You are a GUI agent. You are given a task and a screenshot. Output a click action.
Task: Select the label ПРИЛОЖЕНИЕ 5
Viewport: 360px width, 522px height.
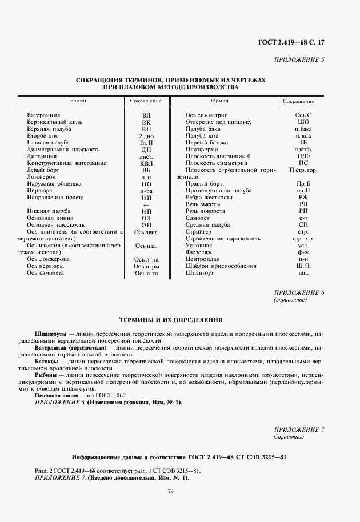[x=300, y=59]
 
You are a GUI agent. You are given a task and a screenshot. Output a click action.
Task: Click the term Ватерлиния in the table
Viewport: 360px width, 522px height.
[x=43, y=115]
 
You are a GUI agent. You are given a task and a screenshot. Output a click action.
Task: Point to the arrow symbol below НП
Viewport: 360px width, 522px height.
[x=146, y=204]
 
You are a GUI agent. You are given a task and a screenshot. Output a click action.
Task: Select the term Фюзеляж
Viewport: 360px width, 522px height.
[x=198, y=252]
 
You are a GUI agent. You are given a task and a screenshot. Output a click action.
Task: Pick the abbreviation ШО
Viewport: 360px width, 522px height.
[x=303, y=122]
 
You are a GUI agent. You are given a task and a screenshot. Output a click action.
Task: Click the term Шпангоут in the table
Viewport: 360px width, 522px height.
[x=199, y=273]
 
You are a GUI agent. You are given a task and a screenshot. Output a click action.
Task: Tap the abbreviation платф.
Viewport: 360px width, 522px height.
[x=303, y=150]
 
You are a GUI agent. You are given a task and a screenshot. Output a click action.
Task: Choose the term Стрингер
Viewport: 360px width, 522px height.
[x=198, y=232]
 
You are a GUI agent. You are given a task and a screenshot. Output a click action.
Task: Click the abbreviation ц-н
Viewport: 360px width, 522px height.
[x=303, y=259]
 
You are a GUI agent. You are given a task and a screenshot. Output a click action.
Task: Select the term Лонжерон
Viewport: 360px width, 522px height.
[x=41, y=177]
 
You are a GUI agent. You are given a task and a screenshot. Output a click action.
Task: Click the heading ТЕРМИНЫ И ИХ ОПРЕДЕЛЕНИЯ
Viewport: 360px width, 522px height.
[x=170, y=320]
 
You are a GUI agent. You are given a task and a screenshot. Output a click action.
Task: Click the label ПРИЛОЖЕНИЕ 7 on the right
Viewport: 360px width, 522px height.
[x=299, y=429]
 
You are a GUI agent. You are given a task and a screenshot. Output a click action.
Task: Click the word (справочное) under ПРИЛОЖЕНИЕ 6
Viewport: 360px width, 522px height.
[x=291, y=299]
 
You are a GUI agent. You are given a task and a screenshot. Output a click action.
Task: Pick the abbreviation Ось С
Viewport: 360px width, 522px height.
[x=303, y=115]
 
